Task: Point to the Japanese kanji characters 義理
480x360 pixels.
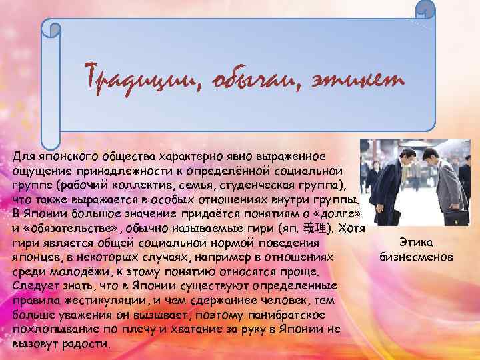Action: click(x=315, y=229)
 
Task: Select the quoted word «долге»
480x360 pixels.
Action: click(x=340, y=214)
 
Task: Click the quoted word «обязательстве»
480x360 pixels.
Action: click(x=61, y=229)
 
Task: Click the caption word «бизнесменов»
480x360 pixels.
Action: click(x=415, y=256)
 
